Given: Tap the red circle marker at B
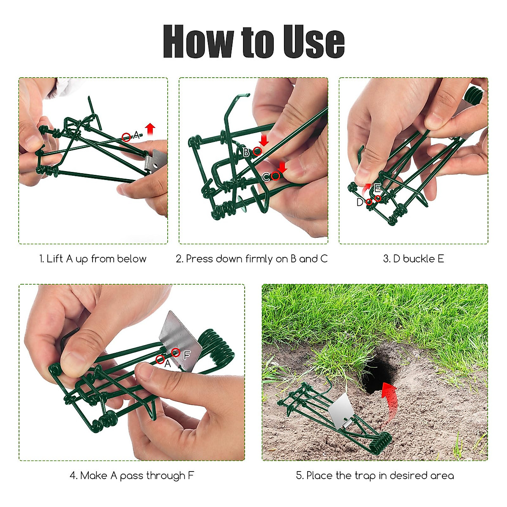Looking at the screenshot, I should point(257,151).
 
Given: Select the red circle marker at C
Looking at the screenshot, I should point(275,176).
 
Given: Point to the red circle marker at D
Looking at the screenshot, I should point(369,202).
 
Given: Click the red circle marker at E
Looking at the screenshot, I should point(378,198).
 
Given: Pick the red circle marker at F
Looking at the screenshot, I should point(176,352).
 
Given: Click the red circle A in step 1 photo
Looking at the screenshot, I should point(126,137).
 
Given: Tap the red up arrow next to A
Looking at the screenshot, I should point(150,128).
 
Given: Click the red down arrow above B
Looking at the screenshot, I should point(264,140).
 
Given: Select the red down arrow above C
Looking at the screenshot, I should point(282,167).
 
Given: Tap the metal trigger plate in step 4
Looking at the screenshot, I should point(180,340).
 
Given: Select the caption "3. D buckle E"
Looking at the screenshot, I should point(413,259).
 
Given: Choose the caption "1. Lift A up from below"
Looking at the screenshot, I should point(93,259).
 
